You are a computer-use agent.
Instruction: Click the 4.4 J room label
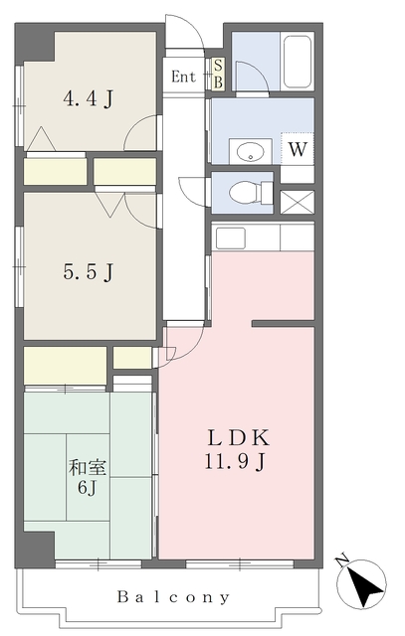coord(88,99)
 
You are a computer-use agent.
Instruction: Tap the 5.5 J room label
coord(88,271)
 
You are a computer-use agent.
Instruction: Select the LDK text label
coord(239,438)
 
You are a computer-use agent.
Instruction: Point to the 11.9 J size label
coord(235,461)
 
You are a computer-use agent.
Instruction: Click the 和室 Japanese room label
coord(88,468)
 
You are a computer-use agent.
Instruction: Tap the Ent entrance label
coord(183,77)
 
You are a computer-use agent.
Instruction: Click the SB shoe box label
coord(218,74)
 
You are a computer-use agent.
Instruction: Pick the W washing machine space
coord(298,149)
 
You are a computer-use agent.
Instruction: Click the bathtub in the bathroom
coord(297,62)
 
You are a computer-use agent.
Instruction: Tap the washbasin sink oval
coord(249,152)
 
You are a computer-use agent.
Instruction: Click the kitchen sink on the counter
coord(230,238)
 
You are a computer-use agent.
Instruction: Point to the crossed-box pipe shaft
coord(298,202)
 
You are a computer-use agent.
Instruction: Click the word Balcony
coord(173,597)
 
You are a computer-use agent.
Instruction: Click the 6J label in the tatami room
coord(87,488)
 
